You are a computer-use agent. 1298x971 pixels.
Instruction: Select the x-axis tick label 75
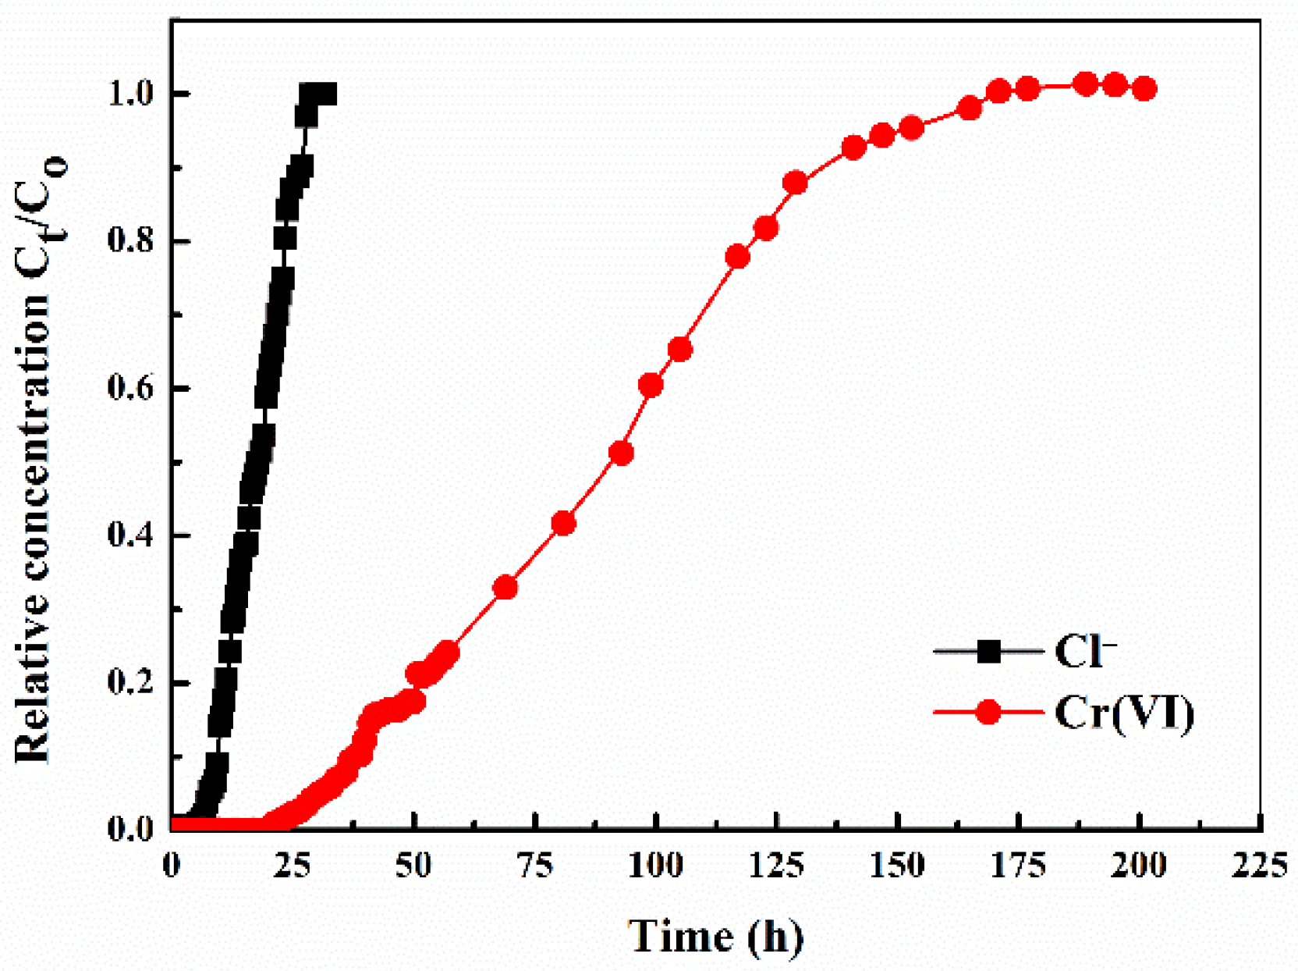pos(535,866)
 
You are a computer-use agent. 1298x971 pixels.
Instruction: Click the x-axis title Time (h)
pos(715,936)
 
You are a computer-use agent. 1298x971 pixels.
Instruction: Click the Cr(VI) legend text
pos(1124,713)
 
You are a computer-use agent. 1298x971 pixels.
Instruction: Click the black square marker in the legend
pos(988,651)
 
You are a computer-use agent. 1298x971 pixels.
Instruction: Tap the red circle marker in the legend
pos(988,712)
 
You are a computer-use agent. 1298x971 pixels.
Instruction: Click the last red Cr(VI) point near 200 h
pos(1144,89)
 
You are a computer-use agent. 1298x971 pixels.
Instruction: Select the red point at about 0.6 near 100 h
pos(651,385)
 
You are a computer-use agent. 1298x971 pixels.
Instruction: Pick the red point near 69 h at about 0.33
pos(505,587)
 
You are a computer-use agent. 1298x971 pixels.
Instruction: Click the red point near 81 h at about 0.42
pos(563,523)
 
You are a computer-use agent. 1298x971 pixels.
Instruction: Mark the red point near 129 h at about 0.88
pos(795,183)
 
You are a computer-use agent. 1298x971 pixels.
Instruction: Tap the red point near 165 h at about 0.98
pos(970,108)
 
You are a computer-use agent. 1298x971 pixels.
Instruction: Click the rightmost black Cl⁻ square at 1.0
pos(326,95)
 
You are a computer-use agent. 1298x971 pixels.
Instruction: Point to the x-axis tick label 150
pos(898,866)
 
